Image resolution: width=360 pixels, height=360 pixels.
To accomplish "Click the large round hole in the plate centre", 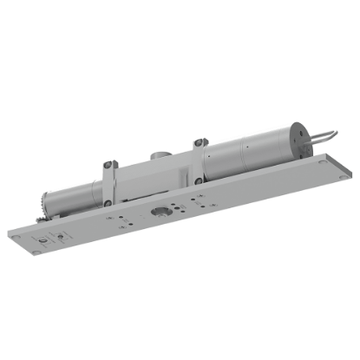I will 161,211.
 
